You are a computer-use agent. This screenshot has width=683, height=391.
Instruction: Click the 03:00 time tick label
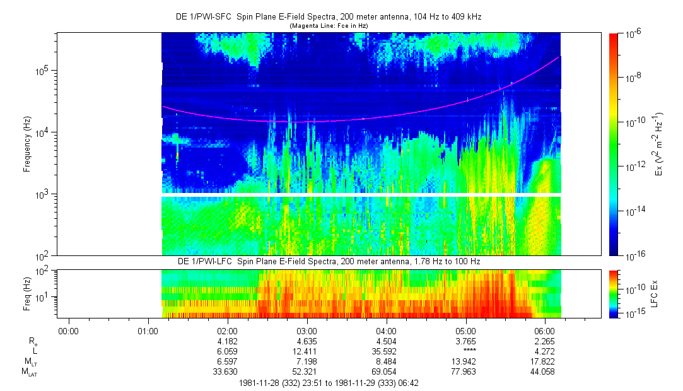click(306, 330)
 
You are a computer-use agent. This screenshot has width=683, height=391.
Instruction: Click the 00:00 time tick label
click(67, 330)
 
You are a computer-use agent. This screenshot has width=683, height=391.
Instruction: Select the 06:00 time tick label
click(545, 330)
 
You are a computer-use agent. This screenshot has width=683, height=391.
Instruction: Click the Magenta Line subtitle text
click(328, 26)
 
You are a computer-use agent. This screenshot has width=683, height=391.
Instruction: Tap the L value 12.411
click(306, 351)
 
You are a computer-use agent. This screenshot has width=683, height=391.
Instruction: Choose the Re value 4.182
click(227, 341)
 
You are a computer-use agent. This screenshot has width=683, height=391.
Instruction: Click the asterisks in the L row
click(465, 351)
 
